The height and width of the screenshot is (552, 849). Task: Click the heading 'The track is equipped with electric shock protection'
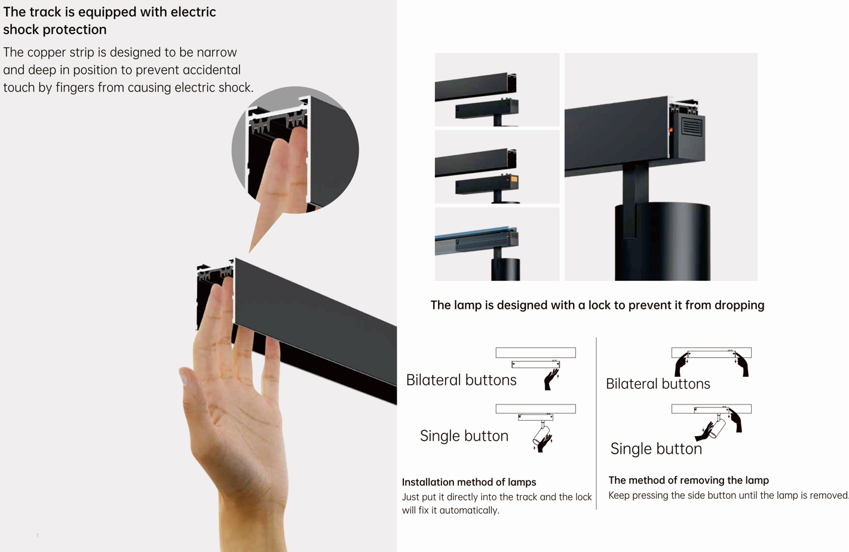coord(109,20)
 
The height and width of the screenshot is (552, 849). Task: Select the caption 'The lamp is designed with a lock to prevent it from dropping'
coord(597,305)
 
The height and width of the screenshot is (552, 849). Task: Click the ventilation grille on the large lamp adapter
coord(692,127)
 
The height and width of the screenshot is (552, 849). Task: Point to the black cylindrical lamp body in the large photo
coord(663,243)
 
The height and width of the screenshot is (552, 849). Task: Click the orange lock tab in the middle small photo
coord(514,179)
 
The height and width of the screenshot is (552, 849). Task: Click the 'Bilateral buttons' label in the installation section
coord(461,380)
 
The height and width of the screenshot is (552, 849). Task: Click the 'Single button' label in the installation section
coord(464,436)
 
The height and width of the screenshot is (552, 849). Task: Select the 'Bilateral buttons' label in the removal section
coord(658,384)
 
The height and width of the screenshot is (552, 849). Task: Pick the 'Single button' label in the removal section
coord(656,449)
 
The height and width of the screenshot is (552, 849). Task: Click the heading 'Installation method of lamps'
coord(469,482)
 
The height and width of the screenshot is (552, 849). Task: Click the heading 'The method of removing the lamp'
coord(689,480)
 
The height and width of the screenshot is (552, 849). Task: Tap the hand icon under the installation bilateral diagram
coord(551,379)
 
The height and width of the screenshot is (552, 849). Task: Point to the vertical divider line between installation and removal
coord(596,423)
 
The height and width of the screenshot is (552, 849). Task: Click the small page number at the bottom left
coord(38,535)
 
